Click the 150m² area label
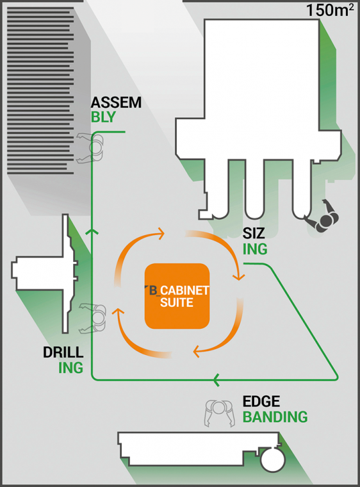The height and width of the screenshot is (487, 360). tap(330, 10)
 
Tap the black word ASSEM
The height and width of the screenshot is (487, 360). tap(116, 103)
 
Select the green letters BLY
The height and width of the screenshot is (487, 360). tap(103, 117)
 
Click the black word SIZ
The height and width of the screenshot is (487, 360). tap(254, 233)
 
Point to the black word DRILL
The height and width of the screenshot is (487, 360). tap(63, 352)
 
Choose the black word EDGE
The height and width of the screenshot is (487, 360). tap(261, 402)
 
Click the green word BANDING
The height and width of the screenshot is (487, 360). tap(275, 417)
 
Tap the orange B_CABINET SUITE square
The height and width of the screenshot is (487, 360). tap(177, 296)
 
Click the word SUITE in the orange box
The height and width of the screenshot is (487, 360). tap(176, 302)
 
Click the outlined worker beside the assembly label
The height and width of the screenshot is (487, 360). tap(92, 147)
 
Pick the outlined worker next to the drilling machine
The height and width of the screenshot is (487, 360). tap(94, 318)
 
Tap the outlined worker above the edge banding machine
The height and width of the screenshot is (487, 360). tap(219, 412)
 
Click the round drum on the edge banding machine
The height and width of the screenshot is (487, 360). tap(273, 460)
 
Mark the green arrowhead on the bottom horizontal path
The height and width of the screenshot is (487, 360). tap(217, 379)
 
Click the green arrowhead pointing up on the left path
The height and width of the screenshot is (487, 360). tap(92, 231)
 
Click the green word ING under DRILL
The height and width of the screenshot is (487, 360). tap(71, 368)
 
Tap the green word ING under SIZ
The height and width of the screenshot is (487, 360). tap(255, 249)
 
